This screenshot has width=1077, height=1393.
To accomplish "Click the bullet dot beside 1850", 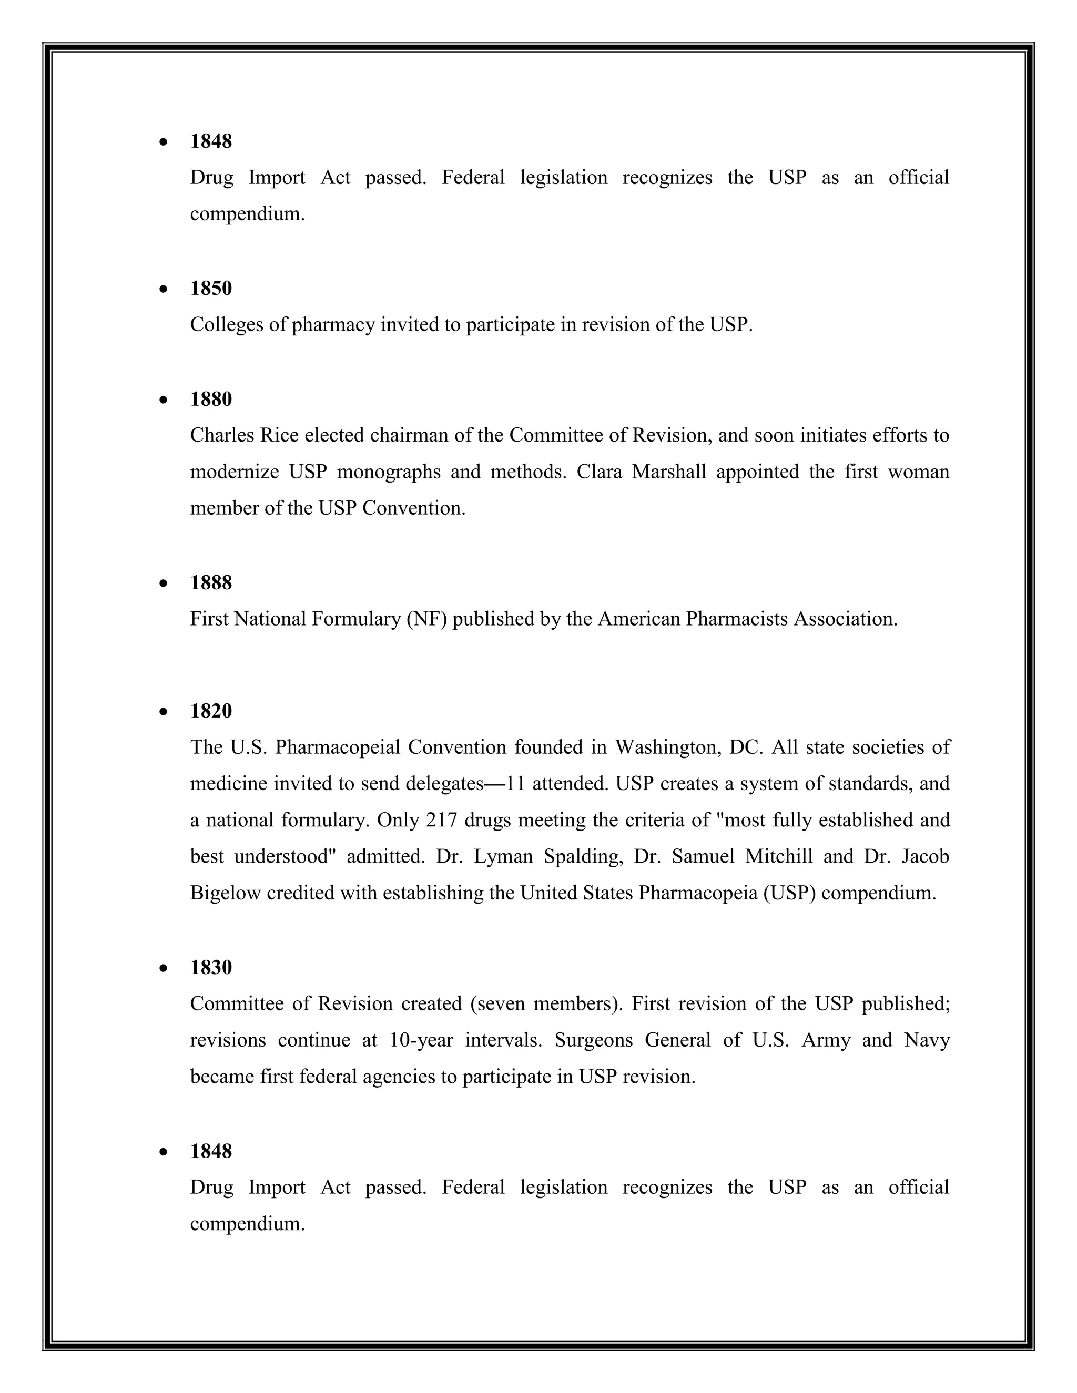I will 164,290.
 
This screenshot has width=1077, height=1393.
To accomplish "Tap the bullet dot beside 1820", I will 164,712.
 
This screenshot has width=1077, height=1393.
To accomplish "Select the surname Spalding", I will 583,857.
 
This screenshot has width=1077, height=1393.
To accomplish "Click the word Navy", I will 927,1040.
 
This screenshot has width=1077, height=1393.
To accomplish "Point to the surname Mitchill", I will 778,857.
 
